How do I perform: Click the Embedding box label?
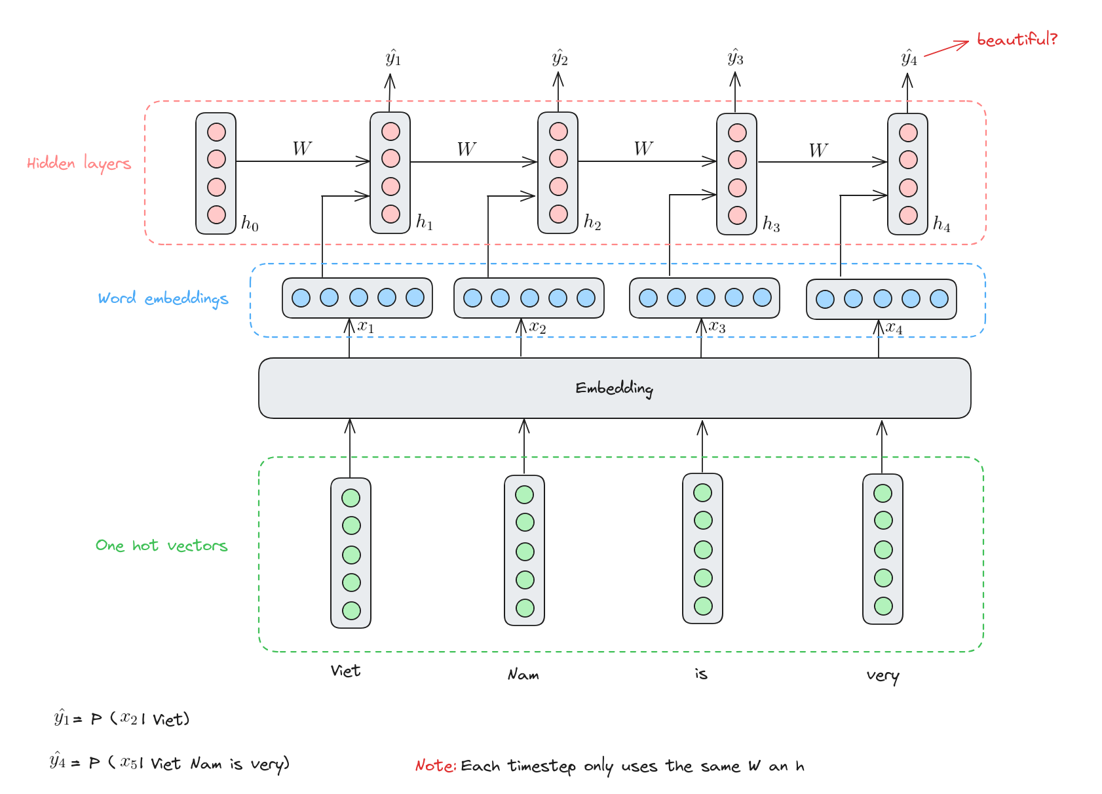pos(615,389)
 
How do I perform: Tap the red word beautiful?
pos(1017,39)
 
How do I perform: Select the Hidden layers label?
pos(79,163)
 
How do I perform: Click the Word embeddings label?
pos(163,299)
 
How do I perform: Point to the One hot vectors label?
pos(161,546)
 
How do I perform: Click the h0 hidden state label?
pos(250,224)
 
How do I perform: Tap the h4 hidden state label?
pos(941,224)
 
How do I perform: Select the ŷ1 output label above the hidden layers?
pos(393,58)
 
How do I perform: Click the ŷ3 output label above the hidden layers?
pos(736,58)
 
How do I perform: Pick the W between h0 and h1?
pos(302,149)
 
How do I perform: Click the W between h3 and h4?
pos(818,150)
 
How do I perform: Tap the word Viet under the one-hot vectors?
pos(345,671)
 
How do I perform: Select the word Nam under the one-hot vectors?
pos(523,674)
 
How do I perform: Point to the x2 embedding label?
pos(537,328)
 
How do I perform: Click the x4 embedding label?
pos(894,328)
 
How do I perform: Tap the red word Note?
pos(436,765)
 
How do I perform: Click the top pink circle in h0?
pos(216,132)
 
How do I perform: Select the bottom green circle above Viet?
pos(351,611)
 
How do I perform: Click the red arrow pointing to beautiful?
pos(947,49)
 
